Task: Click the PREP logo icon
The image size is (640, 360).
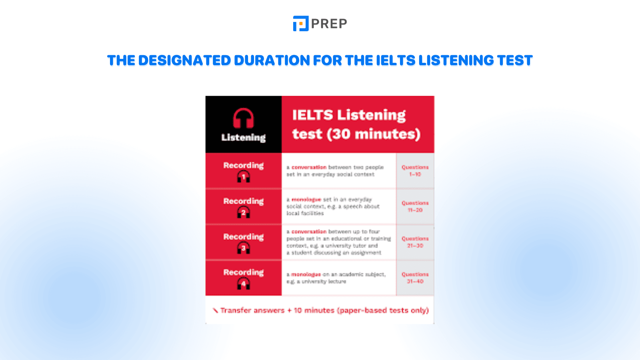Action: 300,24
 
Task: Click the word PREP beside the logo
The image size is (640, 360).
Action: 329,24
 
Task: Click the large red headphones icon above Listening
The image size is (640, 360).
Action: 243,119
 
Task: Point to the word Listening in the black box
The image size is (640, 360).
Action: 243,138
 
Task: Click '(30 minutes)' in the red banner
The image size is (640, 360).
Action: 373,134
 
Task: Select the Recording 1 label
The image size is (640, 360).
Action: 243,165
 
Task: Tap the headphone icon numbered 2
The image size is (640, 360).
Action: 243,212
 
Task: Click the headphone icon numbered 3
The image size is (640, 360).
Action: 243,248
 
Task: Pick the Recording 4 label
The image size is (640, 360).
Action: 243,272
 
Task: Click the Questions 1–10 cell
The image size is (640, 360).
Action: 415,171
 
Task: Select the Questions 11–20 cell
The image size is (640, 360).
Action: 415,206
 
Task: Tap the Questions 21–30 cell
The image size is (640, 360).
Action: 415,242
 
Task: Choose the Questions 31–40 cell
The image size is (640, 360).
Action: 415,278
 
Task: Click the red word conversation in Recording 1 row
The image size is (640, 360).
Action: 309,167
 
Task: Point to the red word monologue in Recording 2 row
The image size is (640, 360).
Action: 306,199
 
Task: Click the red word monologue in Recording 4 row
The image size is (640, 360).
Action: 306,274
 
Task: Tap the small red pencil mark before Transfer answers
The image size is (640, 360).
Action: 215,310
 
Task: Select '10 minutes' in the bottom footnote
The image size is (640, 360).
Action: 314,310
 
